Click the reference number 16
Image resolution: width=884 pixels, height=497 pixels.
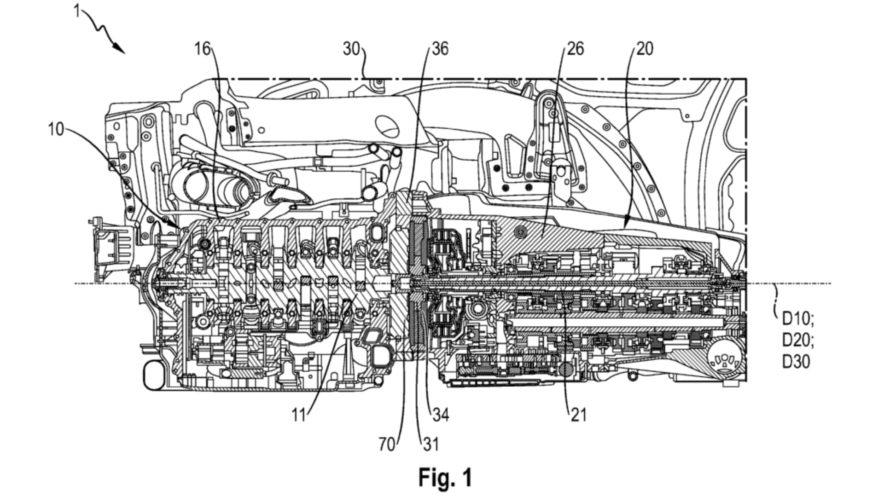pos(203,48)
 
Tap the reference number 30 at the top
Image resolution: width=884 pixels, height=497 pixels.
pos(351,48)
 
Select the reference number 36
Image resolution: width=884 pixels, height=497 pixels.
pos(440,48)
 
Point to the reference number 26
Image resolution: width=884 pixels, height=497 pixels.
pos(575,48)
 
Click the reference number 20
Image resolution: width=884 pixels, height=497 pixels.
pos(644,48)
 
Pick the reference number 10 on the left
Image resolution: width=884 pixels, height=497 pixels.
pos(56,129)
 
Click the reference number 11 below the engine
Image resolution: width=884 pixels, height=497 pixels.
pos(299,415)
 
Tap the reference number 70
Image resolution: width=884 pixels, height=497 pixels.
pos(387,445)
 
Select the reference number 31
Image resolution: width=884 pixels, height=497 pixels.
pos(430,445)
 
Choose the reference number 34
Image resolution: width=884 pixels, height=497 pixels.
pos(440,415)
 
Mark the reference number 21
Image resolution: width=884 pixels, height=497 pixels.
pos(578,415)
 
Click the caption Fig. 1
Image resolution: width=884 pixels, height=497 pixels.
pos(445,477)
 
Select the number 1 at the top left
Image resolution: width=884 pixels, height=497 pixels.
pos(77,10)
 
